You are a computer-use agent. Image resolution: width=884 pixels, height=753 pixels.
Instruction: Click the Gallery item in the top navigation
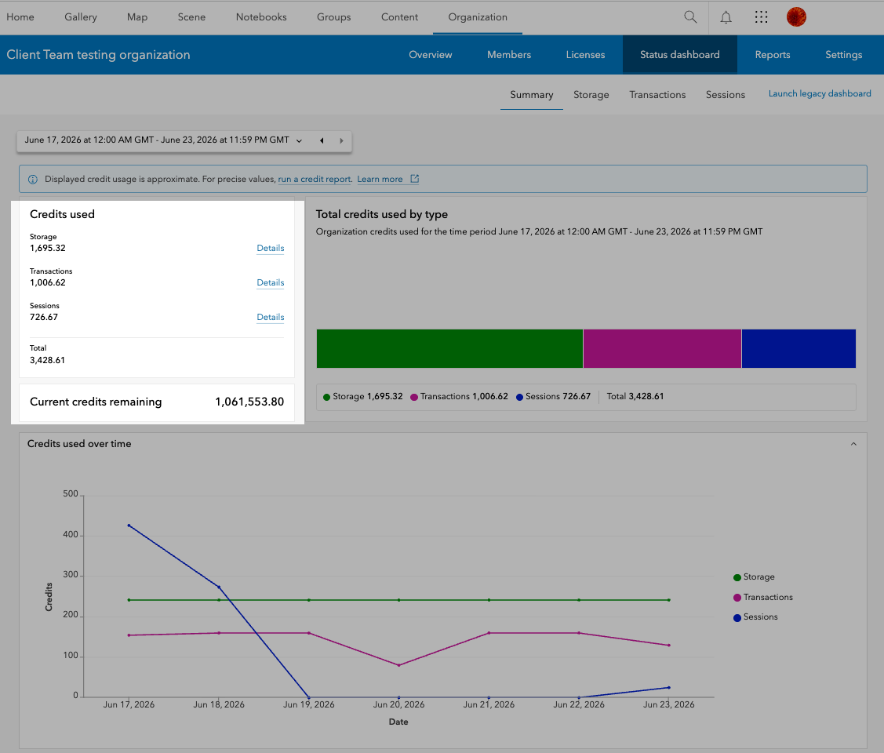pyautogui.click(x=81, y=17)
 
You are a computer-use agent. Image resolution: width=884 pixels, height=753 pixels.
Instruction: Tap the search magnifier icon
pyautogui.click(x=690, y=17)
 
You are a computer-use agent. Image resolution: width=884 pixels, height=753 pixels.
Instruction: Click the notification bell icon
pyautogui.click(x=726, y=17)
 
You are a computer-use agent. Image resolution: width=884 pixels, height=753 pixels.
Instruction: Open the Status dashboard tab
pyautogui.click(x=679, y=55)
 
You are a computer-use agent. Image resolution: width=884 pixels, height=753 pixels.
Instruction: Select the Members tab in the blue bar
pyautogui.click(x=509, y=55)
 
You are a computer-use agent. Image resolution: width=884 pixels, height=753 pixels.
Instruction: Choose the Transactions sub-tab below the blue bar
pyautogui.click(x=657, y=95)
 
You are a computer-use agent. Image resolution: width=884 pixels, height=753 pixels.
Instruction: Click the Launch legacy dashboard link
pyautogui.click(x=820, y=93)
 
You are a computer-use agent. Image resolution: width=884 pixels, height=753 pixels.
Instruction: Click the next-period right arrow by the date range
pyautogui.click(x=341, y=141)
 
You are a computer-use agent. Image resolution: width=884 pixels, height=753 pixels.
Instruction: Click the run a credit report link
pyautogui.click(x=315, y=180)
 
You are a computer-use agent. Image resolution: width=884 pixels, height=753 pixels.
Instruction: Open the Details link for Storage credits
pyautogui.click(x=271, y=248)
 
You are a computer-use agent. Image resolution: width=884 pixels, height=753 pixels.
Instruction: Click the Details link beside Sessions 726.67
pyautogui.click(x=271, y=318)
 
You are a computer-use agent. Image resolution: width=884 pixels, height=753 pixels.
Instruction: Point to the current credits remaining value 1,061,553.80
pyautogui.click(x=249, y=402)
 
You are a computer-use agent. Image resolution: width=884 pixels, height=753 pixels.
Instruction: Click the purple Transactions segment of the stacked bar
pyautogui.click(x=663, y=349)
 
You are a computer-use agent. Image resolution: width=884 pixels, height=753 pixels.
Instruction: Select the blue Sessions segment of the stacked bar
pyautogui.click(x=799, y=349)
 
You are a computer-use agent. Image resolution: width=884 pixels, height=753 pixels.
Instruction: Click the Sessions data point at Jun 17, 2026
pyautogui.click(x=129, y=526)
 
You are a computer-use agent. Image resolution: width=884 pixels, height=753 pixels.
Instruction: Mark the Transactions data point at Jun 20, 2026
pyautogui.click(x=399, y=666)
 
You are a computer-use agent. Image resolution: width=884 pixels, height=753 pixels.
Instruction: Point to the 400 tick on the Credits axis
pyautogui.click(x=71, y=535)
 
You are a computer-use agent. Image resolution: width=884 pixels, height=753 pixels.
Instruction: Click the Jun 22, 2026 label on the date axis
pyautogui.click(x=578, y=704)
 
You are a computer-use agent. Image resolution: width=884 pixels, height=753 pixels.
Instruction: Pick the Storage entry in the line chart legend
pyautogui.click(x=755, y=577)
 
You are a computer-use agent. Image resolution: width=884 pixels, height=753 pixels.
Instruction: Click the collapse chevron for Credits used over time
pyautogui.click(x=853, y=444)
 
